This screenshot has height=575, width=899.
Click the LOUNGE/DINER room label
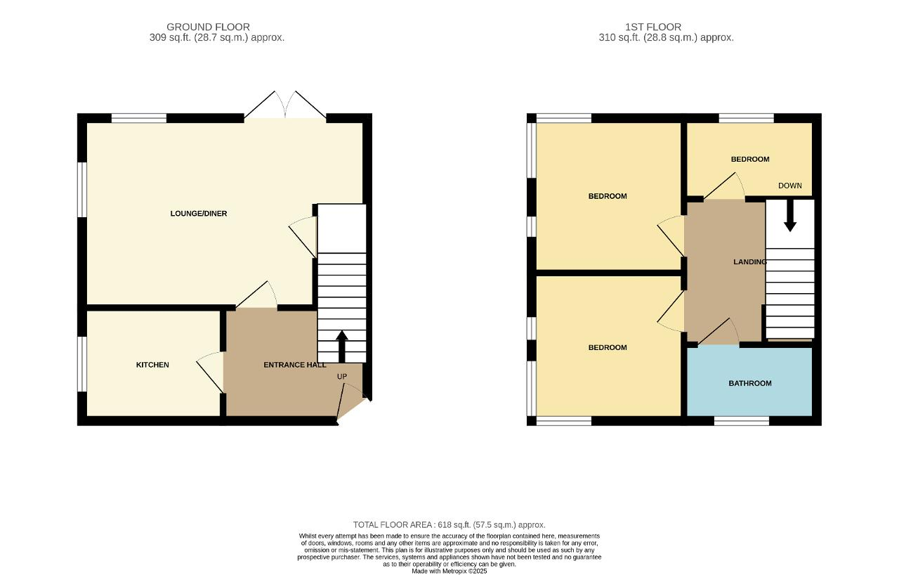[x=199, y=214]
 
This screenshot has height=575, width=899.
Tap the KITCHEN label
[x=152, y=365]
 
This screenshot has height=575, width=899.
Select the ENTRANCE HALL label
[x=294, y=365]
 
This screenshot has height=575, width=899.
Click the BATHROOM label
[x=749, y=384]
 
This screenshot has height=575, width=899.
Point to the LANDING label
[x=749, y=262]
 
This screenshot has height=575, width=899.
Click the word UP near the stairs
[x=342, y=377]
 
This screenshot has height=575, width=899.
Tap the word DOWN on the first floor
[x=790, y=186]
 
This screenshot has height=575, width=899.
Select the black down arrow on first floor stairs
[x=790, y=216]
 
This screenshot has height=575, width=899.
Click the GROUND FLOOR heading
[x=208, y=27]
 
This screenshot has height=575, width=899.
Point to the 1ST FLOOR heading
[x=653, y=27]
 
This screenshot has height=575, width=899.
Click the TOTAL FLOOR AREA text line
[x=449, y=525]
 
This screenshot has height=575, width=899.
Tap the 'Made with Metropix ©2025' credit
[x=449, y=571]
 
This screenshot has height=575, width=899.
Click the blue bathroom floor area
[x=749, y=398]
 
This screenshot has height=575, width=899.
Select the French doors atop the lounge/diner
[x=285, y=105]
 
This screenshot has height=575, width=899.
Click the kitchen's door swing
[x=209, y=373]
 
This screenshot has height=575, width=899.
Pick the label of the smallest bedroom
[x=749, y=160]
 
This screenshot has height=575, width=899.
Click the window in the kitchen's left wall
[x=82, y=364]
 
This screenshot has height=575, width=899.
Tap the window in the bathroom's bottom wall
[x=741, y=421]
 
